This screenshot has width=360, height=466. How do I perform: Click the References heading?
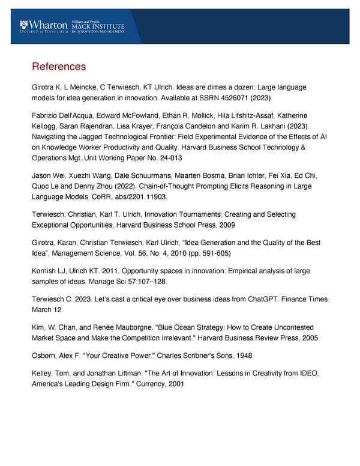[59, 66]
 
